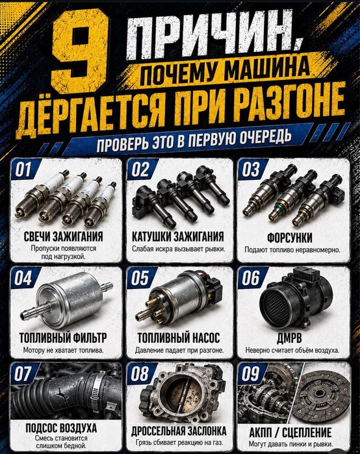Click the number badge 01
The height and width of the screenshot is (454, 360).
pos(23,169)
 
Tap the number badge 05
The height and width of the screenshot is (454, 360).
pos(140,278)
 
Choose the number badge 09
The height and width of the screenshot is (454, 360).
pos(250,374)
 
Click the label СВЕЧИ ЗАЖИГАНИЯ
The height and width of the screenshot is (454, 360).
pos(63,236)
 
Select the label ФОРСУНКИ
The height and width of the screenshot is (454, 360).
pos(290,238)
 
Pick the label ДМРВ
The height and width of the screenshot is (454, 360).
pos(289,338)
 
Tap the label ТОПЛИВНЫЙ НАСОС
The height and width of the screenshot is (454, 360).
pos(179,338)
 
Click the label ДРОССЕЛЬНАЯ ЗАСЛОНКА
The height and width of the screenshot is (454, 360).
pos(179,431)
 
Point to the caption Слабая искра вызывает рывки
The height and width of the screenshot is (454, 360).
pos(179,249)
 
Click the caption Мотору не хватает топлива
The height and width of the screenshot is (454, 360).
pos(63,350)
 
